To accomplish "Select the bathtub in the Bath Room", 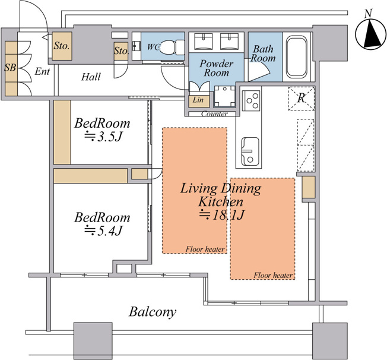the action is coord(296,57).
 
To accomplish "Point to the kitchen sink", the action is coord(250,151).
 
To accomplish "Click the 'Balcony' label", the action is coord(153,312).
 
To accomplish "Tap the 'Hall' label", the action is coord(91,77).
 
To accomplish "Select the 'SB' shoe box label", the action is coord(10,67).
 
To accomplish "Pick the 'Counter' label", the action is coord(214,114).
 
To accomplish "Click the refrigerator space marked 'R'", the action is coord(302,98).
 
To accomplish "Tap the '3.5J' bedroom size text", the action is coord(104,137).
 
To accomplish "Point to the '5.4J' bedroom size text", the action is coord(104,230).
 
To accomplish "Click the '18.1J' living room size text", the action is coord(221,215).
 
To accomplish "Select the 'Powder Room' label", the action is coord(216,68).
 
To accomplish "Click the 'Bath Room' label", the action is coord(263,53).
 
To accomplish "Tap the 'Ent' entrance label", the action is coord(42,71).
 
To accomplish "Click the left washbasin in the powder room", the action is coord(204,41).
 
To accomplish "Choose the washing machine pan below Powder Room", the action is coord(224,96).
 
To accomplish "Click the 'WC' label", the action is coord(153,47).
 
